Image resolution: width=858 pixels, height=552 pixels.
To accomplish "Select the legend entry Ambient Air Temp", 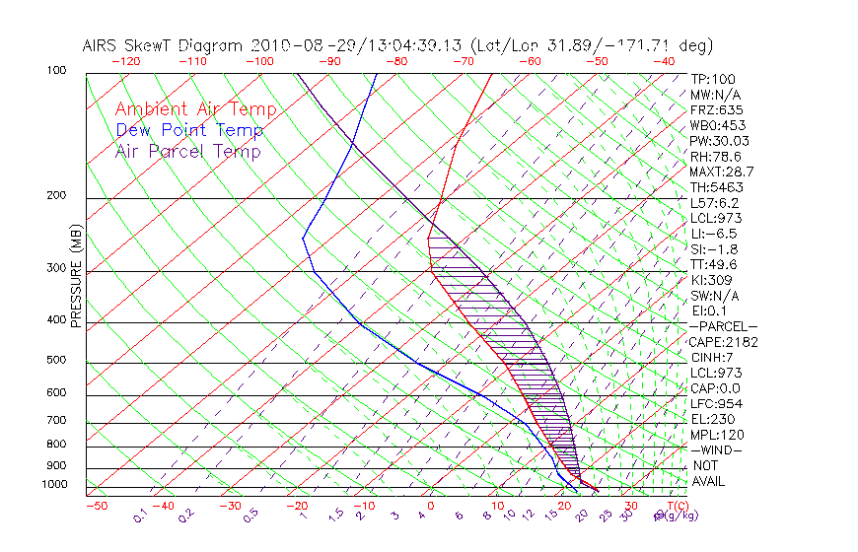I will (x=196, y=109).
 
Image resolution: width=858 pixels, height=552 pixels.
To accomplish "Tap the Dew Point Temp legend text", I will (x=189, y=130).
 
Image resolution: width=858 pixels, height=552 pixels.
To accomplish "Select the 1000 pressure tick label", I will (x=55, y=485).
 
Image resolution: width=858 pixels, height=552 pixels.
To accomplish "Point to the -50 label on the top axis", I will (x=597, y=61).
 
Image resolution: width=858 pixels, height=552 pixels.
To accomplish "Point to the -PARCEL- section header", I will (x=724, y=326).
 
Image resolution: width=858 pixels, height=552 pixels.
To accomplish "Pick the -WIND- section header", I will (x=718, y=449).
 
